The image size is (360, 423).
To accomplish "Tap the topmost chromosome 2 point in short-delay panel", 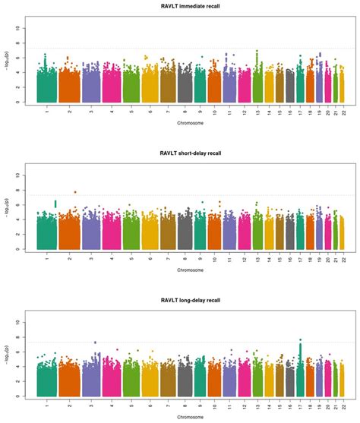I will coord(74,192).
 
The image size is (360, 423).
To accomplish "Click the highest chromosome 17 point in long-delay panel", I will coord(301,340).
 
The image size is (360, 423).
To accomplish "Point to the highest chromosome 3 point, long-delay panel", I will coord(95,343).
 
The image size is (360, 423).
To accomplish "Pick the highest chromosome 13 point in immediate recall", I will coord(257,52).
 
